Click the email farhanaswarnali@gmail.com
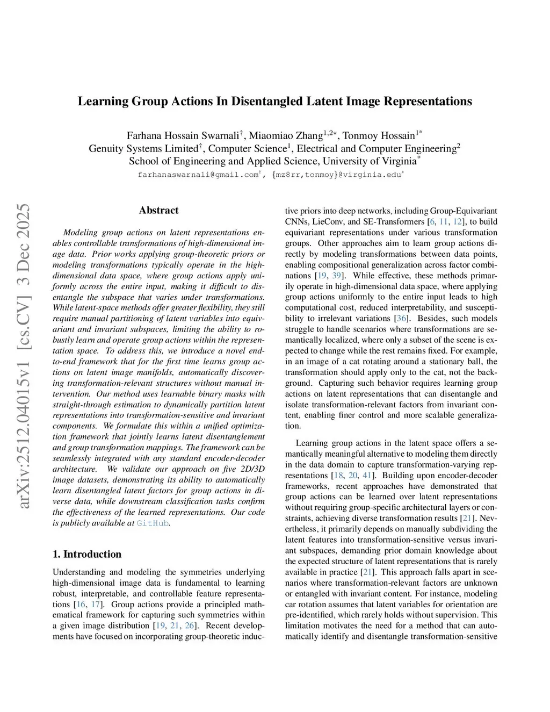coord(198,175)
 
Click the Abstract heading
coord(158,210)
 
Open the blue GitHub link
coord(153,523)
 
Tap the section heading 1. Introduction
coord(87,554)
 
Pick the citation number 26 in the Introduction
coord(190,625)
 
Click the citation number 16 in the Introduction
coord(81,604)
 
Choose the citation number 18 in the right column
coord(338,475)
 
